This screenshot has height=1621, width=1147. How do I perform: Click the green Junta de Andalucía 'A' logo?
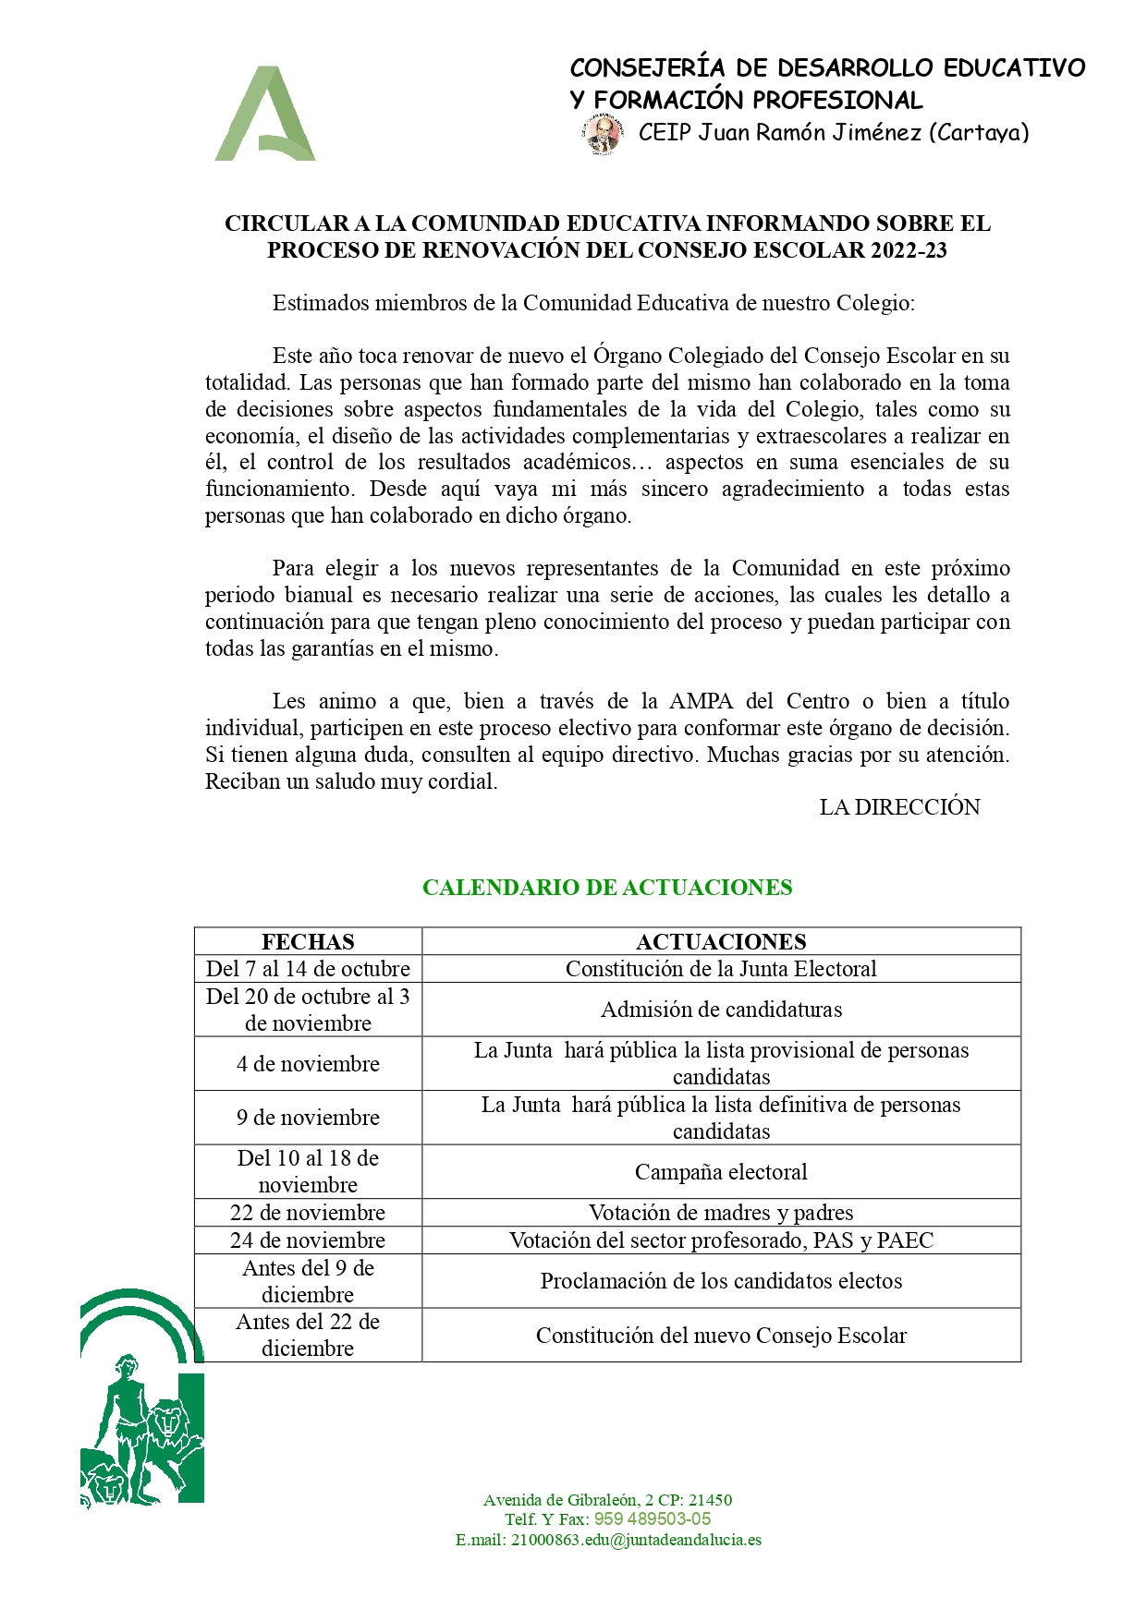(265, 115)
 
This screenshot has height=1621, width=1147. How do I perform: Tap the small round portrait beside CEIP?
(603, 134)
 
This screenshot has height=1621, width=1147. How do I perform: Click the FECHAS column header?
(308, 941)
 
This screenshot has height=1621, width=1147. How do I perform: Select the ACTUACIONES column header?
(721, 941)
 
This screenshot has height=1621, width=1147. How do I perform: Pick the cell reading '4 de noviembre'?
(308, 1063)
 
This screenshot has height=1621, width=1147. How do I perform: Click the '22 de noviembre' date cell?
(308, 1212)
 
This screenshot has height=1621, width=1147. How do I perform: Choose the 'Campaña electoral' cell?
(721, 1171)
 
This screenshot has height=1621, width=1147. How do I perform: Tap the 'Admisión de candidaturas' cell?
(721, 1009)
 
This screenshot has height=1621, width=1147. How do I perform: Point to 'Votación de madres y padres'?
(721, 1212)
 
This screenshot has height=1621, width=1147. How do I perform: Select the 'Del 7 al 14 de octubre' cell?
(308, 968)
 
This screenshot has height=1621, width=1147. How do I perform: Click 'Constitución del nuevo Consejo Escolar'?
(721, 1335)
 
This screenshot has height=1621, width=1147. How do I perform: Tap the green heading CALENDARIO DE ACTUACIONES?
(607, 887)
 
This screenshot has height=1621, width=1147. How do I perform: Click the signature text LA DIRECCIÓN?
(899, 806)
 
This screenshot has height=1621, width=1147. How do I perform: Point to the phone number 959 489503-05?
(653, 1518)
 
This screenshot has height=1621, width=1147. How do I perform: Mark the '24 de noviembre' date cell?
(308, 1240)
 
